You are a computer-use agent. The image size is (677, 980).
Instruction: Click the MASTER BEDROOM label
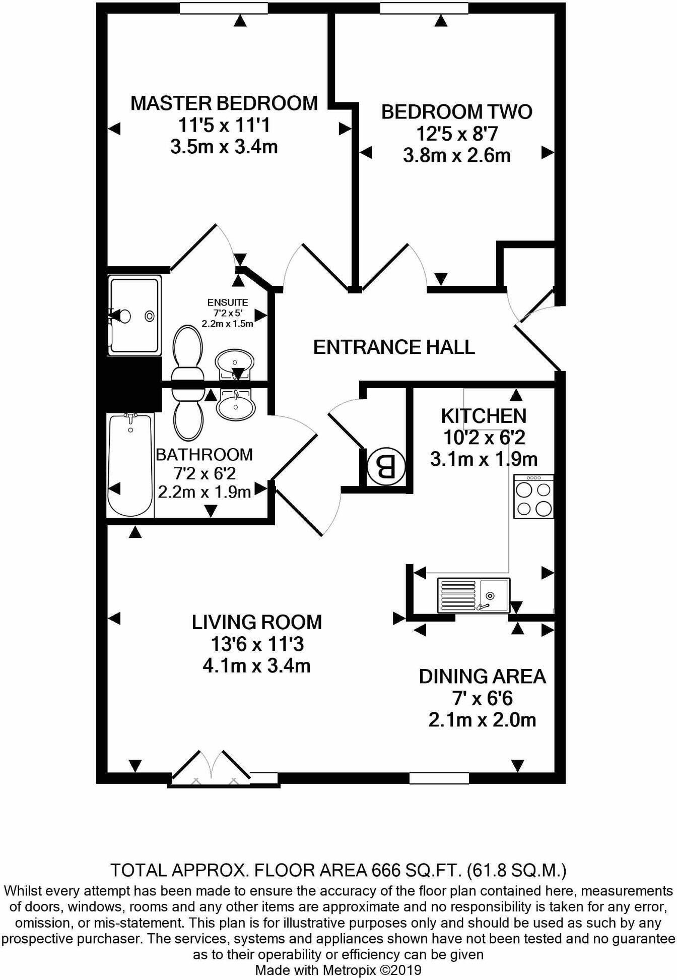[224, 103]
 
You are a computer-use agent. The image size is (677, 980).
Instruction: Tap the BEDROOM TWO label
[456, 112]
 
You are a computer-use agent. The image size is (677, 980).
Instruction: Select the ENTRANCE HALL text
[394, 347]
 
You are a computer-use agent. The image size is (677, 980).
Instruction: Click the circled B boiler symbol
[386, 467]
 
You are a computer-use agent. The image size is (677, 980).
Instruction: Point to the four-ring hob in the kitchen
[533, 497]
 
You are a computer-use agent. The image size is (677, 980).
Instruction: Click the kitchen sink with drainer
[473, 595]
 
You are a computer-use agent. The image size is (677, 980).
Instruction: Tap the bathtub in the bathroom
[130, 464]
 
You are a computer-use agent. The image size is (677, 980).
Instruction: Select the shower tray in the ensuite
[134, 316]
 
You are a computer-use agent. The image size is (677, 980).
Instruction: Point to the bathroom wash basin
[235, 405]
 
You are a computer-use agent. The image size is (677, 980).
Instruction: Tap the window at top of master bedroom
[224, 8]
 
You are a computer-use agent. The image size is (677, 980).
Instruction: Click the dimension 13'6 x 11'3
[257, 644]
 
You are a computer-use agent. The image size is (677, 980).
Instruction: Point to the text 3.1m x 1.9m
[484, 459]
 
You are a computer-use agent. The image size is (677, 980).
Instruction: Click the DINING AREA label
[482, 677]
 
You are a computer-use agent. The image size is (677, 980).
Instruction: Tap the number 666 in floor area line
[386, 871]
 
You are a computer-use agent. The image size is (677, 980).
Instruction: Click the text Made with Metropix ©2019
[338, 970]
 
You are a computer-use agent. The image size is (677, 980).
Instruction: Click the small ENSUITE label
[228, 302]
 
